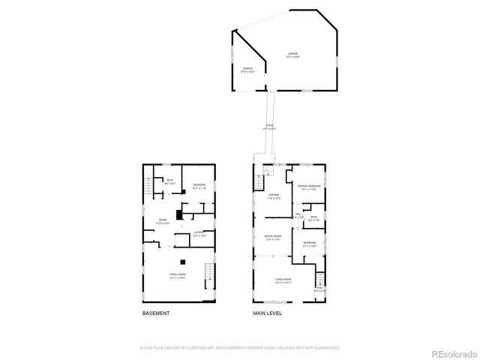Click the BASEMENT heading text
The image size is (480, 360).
coord(156,313)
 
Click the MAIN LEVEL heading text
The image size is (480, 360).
coord(268,313)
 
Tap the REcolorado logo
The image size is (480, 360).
coord(452,353)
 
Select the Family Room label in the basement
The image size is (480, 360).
coord(178,276)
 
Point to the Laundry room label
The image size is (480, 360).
coord(199,234)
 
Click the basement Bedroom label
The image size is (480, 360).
coord(199,186)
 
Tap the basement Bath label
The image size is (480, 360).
coord(170,181)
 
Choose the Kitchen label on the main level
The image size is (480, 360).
coord(274,197)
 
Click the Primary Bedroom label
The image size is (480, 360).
coord(308,187)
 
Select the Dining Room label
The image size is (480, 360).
coord(272,238)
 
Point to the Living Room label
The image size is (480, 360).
coord(283,280)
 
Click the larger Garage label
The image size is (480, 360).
coord(292,55)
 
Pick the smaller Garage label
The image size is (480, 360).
coord(247,70)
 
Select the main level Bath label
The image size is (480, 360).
coord(313,218)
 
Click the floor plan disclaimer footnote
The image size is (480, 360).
coord(240,348)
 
